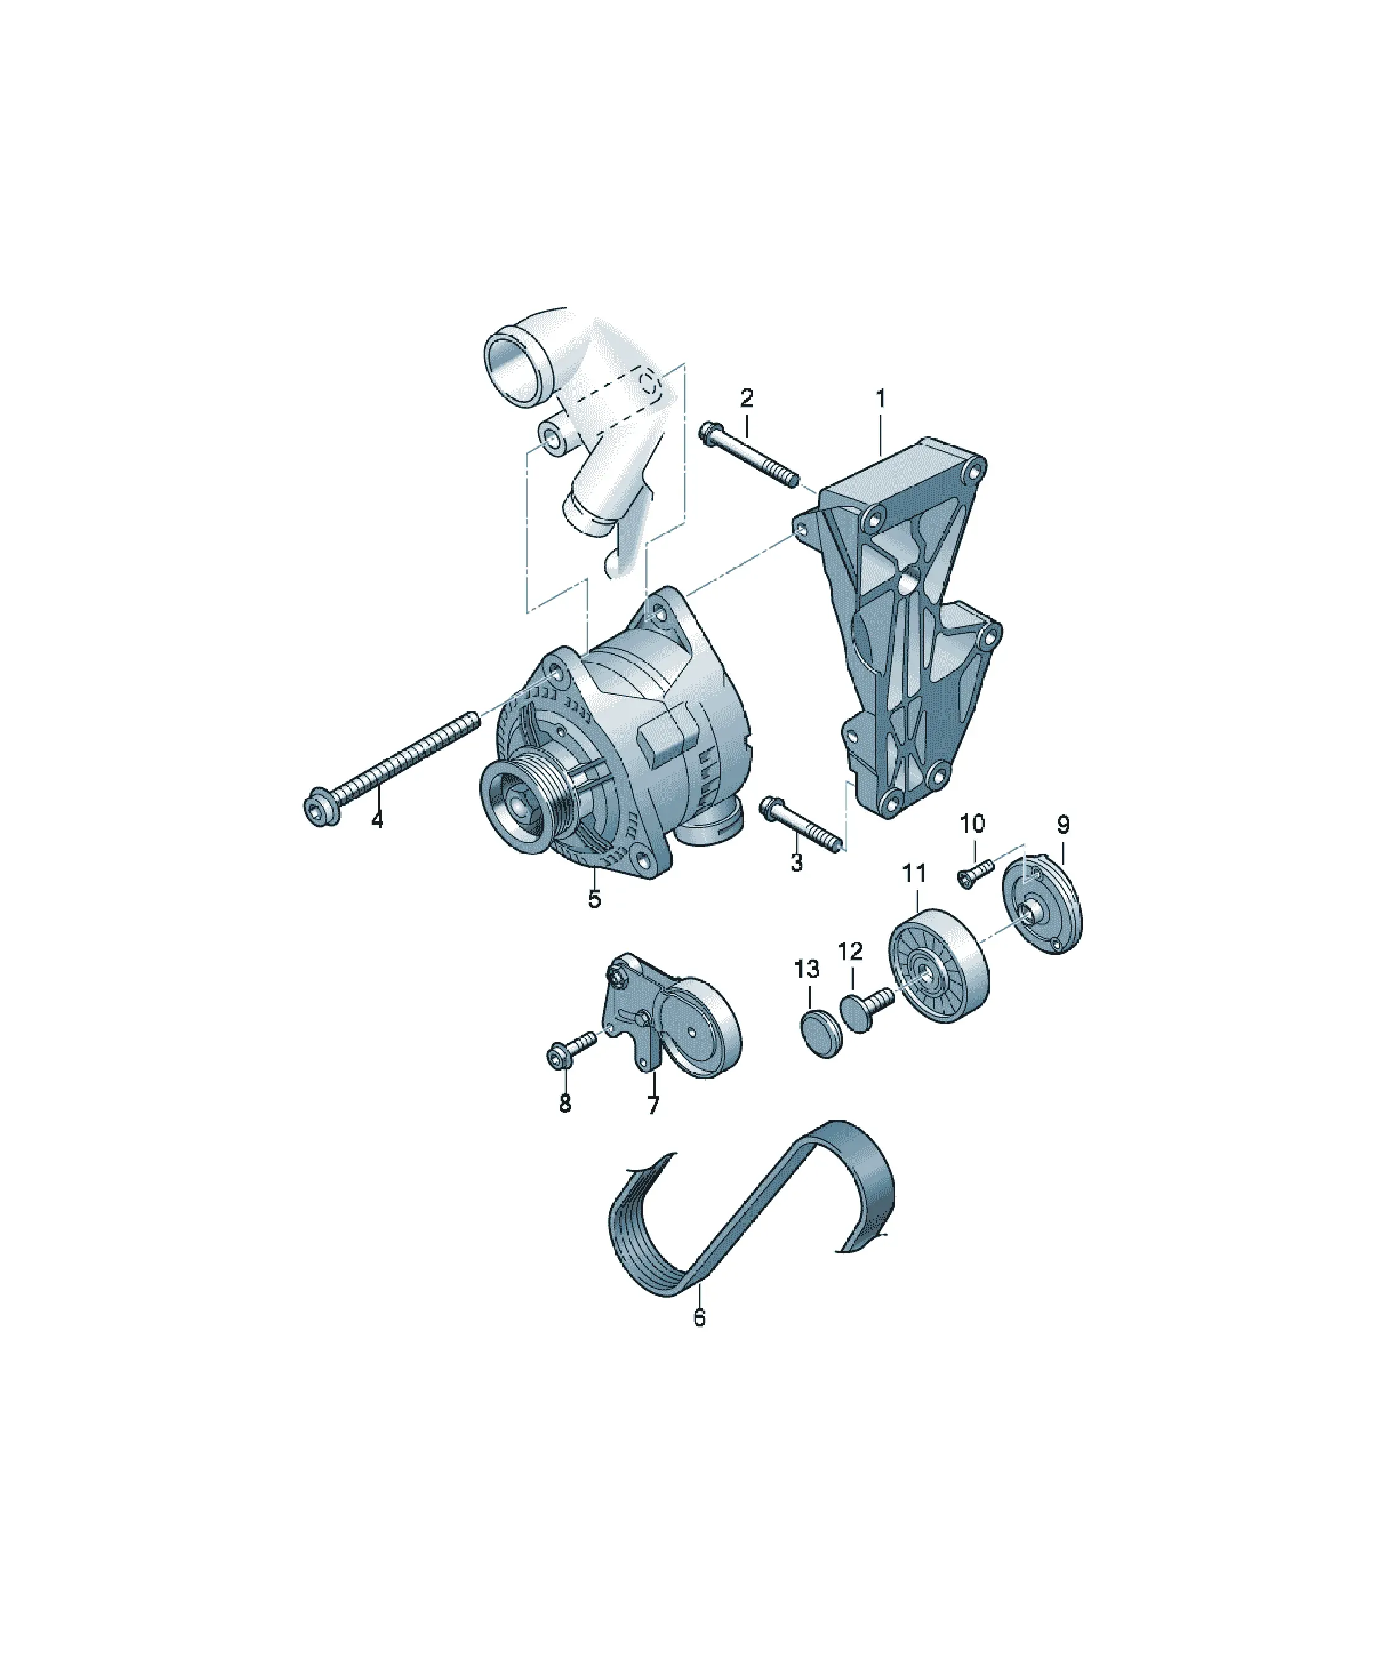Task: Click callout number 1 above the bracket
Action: click(880, 398)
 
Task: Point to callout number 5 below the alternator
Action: click(594, 898)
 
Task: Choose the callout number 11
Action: click(914, 873)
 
